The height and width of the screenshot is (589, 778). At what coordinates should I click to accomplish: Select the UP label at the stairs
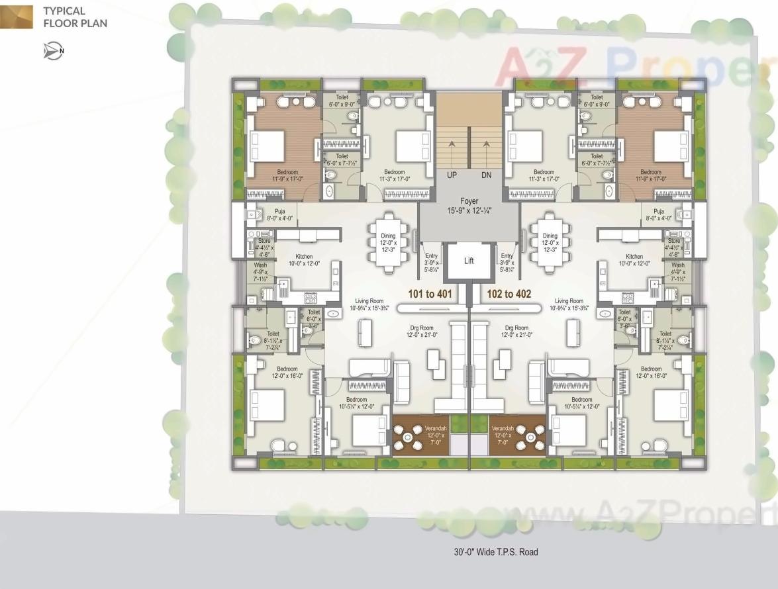[452, 175]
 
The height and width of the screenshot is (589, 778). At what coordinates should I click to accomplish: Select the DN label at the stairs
[487, 175]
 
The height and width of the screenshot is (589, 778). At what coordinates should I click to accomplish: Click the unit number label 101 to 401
[429, 294]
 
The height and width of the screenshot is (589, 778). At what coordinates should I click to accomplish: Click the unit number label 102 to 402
[509, 294]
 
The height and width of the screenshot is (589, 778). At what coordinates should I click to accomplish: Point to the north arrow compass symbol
[53, 51]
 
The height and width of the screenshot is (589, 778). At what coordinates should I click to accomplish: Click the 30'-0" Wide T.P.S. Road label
[496, 551]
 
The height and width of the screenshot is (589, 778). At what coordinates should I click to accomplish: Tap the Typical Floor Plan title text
[74, 17]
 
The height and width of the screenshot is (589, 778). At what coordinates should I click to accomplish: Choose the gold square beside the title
[16, 17]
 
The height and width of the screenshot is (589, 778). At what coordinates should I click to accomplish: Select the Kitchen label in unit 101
[304, 257]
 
